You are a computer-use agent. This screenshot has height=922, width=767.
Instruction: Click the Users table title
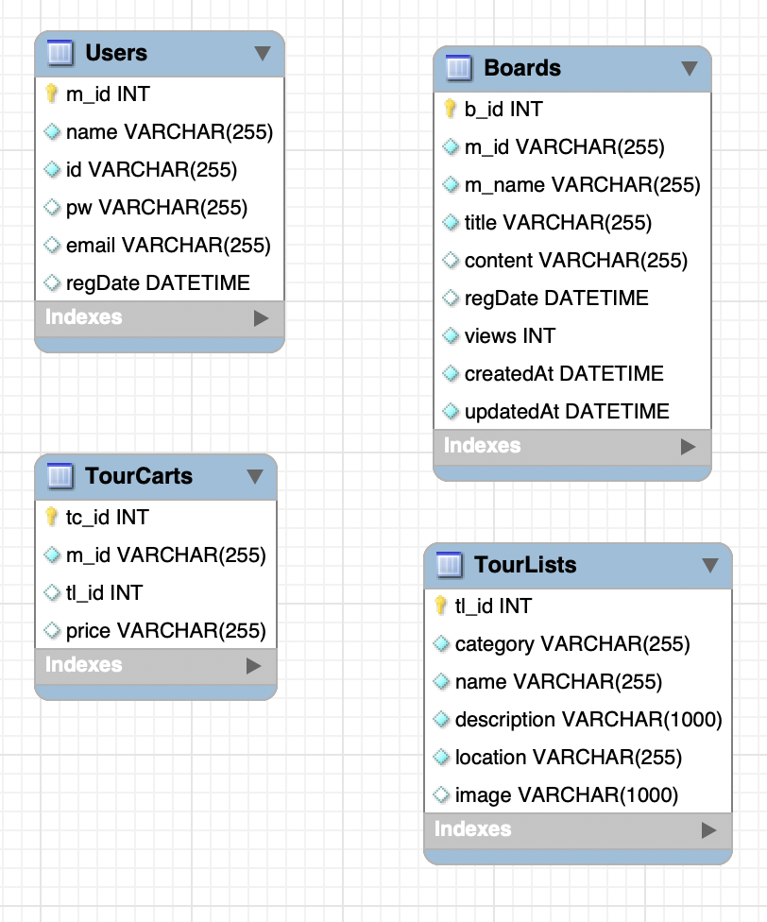click(x=116, y=53)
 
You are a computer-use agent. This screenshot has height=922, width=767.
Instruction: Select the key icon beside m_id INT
click(x=52, y=94)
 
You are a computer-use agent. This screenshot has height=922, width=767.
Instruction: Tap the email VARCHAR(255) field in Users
click(x=168, y=246)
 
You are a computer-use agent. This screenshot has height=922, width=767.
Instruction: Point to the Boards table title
click(x=521, y=68)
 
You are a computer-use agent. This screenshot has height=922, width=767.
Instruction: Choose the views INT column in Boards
click(x=509, y=336)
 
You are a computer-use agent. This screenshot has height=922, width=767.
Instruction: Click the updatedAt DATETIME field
click(x=567, y=412)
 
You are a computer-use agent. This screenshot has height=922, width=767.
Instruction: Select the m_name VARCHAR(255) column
click(x=582, y=185)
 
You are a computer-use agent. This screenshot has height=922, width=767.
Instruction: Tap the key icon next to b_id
click(x=451, y=109)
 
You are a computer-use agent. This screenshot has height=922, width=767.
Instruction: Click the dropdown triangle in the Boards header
click(x=690, y=69)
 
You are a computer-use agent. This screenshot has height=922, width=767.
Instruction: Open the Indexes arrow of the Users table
click(x=262, y=318)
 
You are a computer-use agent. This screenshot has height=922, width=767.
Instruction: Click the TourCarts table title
click(x=138, y=476)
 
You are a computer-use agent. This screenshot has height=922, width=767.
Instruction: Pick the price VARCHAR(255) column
click(x=165, y=631)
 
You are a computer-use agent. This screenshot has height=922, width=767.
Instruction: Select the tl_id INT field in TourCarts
click(x=104, y=593)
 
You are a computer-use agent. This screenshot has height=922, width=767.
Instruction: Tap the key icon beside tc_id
click(x=52, y=517)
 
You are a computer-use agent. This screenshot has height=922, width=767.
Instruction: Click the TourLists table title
click(x=524, y=565)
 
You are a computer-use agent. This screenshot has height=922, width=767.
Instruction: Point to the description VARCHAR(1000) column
click(x=588, y=720)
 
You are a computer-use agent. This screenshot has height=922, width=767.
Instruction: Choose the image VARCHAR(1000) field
click(x=566, y=795)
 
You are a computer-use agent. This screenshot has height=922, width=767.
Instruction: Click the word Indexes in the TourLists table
click(x=472, y=829)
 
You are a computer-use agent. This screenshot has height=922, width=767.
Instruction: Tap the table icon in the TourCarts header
click(x=60, y=476)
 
